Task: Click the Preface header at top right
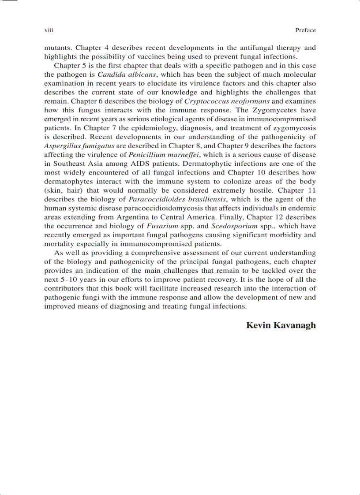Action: (305, 30)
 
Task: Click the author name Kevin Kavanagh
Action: (281, 326)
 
